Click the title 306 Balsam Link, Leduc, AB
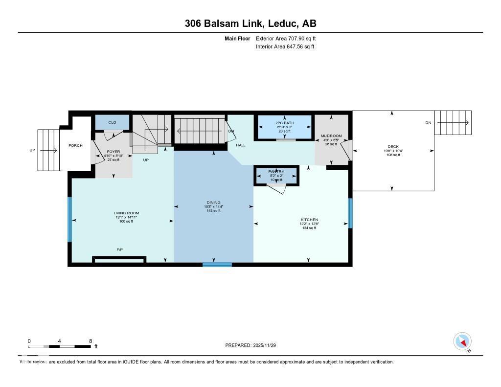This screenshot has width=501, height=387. point(250,23)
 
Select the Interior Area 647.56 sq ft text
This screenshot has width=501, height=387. point(285,47)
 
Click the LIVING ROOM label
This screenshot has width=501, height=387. point(126,213)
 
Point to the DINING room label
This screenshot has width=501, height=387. point(213,203)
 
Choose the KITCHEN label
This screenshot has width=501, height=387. point(309,220)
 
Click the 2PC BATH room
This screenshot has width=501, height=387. point(283,123)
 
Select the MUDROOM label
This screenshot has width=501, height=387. point(331,136)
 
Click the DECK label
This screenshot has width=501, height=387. point(393,147)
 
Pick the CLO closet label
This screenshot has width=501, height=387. point(112,122)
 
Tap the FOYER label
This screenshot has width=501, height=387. point(113,152)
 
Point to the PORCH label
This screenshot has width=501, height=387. point(75,145)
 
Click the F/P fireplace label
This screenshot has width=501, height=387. point(119,250)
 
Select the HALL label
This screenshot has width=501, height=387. point(241,145)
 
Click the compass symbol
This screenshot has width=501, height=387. point(462,341)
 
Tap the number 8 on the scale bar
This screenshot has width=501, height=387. point(91,341)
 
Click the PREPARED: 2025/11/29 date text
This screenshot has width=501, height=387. point(253,345)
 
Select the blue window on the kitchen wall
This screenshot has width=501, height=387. point(350,213)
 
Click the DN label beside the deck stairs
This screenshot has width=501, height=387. point(428,122)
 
